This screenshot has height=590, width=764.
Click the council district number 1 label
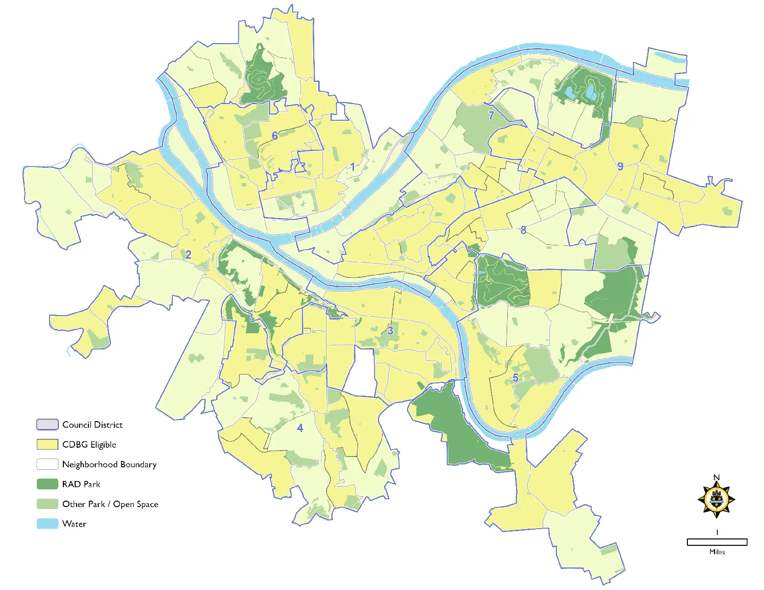(353, 167)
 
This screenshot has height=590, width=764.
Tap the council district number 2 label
(188, 254)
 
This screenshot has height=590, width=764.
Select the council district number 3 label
(390, 330)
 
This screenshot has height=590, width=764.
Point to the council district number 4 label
(300, 428)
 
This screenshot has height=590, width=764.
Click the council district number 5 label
(516, 378)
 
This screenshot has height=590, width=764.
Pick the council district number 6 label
(275, 135)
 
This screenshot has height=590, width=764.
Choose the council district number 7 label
(491, 115)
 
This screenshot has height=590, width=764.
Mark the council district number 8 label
(523, 230)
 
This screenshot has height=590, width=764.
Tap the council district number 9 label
(620, 166)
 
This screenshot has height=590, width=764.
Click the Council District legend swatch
(47, 425)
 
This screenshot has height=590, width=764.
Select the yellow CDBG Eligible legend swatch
(47, 444)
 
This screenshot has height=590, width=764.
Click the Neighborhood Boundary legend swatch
(47, 464)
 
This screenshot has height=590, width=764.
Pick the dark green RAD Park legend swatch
(47, 484)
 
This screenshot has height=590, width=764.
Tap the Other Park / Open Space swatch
(47, 504)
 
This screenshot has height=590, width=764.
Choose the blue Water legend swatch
(47, 524)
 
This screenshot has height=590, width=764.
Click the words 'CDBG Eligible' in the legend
(89, 445)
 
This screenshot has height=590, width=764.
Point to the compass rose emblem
(716, 500)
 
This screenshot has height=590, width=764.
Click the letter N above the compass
(716, 478)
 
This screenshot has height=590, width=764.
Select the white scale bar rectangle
(717, 542)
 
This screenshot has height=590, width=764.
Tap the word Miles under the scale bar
(717, 552)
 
